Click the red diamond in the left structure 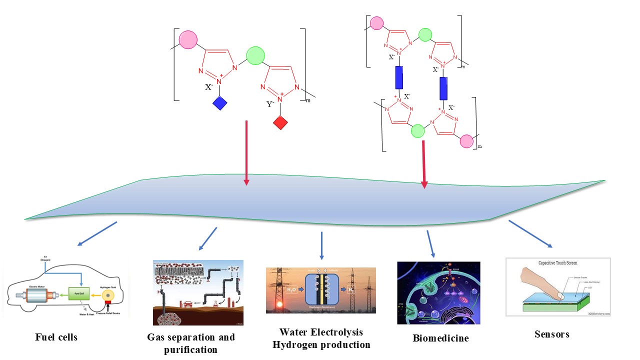280,122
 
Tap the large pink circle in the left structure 189,40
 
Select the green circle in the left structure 255,55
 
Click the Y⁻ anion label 270,104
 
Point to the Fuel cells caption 56,337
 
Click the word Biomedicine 440,338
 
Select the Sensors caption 549,334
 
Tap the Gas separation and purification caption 191,343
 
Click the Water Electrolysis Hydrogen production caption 321,338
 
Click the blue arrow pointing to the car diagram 97,234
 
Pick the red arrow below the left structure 246,153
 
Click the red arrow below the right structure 424,164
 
